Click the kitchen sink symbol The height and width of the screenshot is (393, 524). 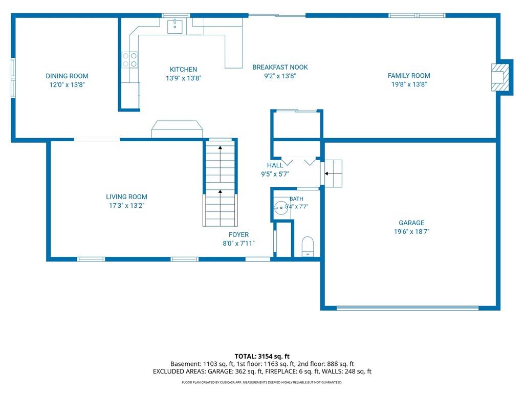(x=175, y=26)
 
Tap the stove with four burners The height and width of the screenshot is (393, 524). (x=129, y=60)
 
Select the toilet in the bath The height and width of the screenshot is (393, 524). (x=308, y=247)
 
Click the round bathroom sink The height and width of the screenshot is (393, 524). (x=281, y=208)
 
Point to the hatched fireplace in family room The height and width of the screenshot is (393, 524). (x=500, y=77)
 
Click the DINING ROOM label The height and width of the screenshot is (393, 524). (x=67, y=76)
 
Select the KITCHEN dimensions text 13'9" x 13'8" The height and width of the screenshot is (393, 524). (x=184, y=78)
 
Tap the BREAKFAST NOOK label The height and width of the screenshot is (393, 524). (x=280, y=67)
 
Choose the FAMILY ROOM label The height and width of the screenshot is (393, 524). (x=409, y=76)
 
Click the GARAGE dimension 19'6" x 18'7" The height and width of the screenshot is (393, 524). (x=411, y=231)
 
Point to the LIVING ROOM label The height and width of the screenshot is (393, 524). (x=127, y=197)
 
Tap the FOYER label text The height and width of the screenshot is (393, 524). (x=238, y=234)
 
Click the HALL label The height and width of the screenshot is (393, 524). (x=275, y=165)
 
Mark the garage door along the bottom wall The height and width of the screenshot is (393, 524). (x=408, y=308)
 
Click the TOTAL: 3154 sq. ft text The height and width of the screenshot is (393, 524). (x=262, y=356)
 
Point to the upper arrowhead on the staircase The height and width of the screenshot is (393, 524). (x=220, y=147)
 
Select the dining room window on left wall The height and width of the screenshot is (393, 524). (x=13, y=78)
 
